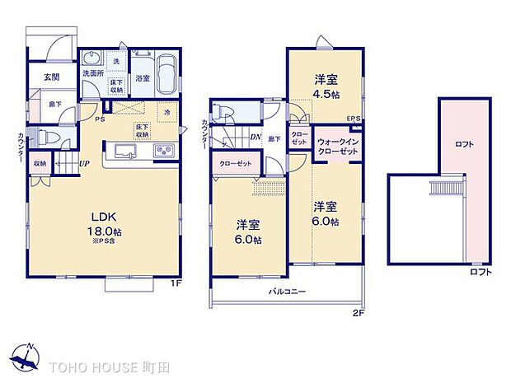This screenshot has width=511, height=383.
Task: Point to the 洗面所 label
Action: tap(92, 73)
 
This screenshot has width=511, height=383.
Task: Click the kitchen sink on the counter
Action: tap(125, 150)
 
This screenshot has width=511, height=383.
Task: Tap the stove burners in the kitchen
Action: tap(163, 150)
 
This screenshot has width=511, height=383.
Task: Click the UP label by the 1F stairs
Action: tap(85, 164)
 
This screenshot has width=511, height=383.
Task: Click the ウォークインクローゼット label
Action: tap(338, 147)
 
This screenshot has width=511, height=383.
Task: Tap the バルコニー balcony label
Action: tap(286, 292)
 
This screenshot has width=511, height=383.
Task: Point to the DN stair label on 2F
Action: tap(255, 138)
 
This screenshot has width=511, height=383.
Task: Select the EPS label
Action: tap(354, 118)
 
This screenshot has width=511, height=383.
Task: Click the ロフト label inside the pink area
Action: tap(465, 144)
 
